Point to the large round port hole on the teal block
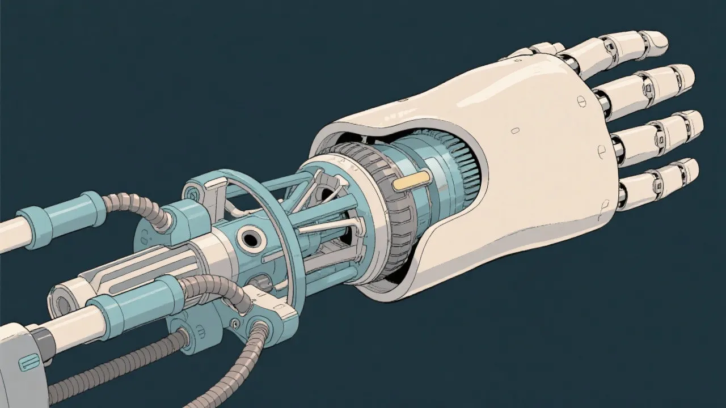click(249, 239)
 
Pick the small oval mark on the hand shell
click(515, 131)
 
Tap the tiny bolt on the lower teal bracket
click(233, 324)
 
